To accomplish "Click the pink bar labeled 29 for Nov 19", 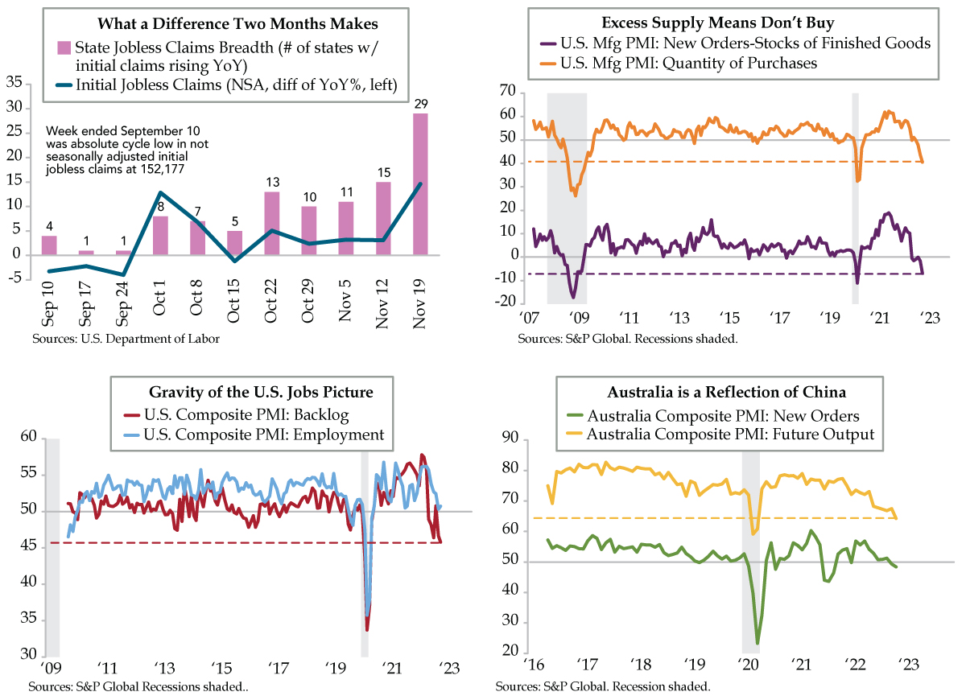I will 421,184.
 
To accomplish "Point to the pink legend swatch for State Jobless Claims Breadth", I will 62,47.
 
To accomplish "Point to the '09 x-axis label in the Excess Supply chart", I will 577,316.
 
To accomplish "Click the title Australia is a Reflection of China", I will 728,393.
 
